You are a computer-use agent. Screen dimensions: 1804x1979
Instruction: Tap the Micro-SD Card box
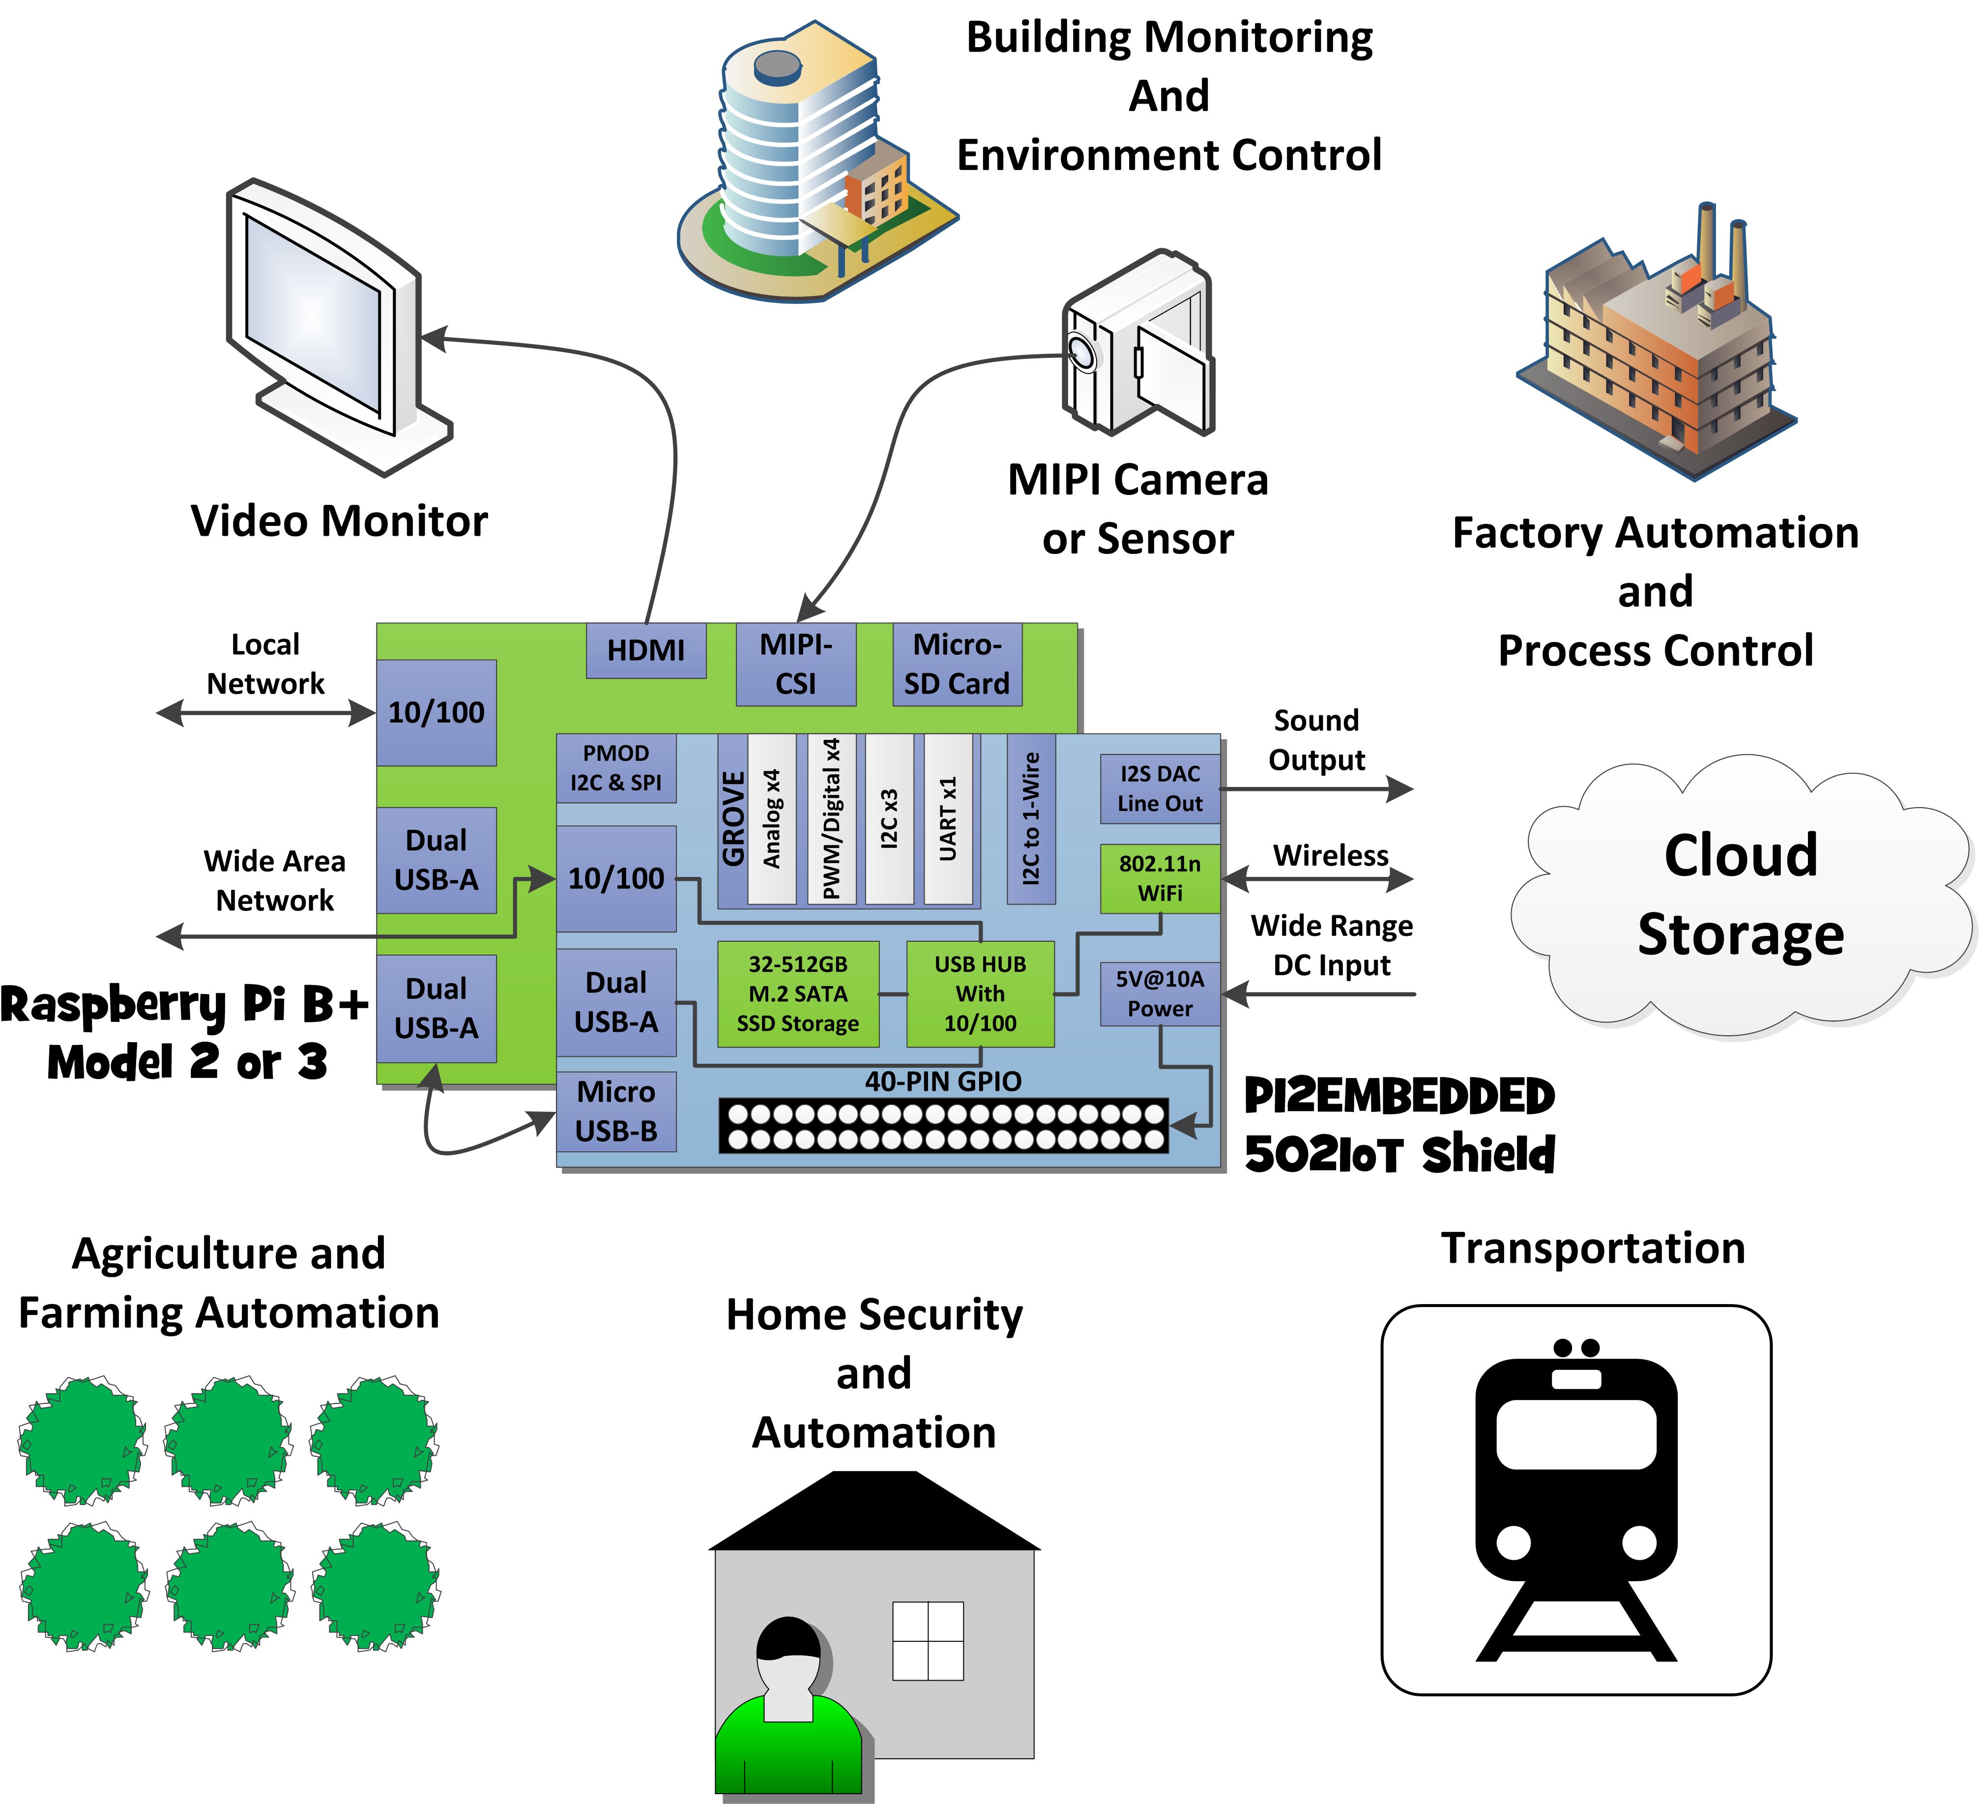click(957, 665)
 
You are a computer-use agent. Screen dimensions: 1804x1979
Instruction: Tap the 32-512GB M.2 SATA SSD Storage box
click(798, 993)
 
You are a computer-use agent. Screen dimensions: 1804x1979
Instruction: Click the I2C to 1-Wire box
click(1031, 818)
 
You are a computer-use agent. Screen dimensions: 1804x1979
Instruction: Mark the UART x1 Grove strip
click(948, 818)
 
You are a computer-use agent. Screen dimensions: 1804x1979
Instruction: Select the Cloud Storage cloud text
click(1741, 893)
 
